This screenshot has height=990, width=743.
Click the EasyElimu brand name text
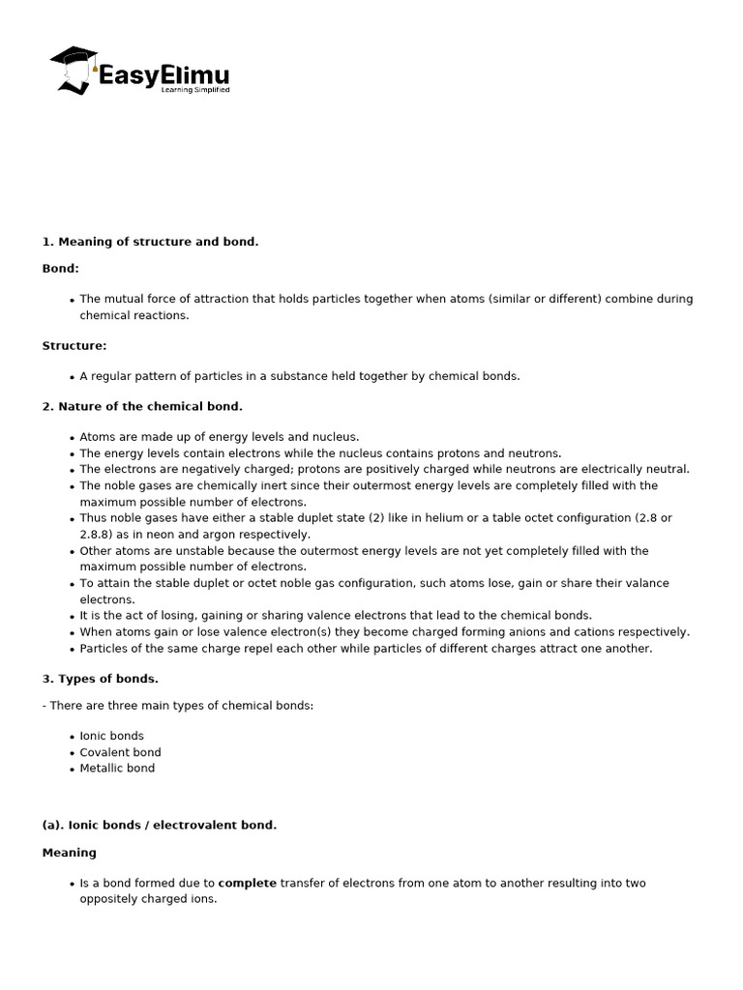coord(164,74)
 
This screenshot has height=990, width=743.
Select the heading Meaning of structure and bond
coord(151,242)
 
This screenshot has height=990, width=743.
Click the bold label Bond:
coord(61,268)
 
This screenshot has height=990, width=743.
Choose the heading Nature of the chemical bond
coord(142,407)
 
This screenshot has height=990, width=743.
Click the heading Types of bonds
coord(101,679)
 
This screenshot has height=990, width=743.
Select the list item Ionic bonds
coord(111,736)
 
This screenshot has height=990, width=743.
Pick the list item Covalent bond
coord(120,752)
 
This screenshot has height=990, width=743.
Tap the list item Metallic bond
coord(117,769)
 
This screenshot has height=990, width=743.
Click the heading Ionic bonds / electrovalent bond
coord(160,826)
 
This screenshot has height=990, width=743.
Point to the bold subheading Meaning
coord(70,853)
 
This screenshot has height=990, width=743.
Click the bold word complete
coord(248,884)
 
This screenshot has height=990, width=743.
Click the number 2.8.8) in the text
coord(99,535)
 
